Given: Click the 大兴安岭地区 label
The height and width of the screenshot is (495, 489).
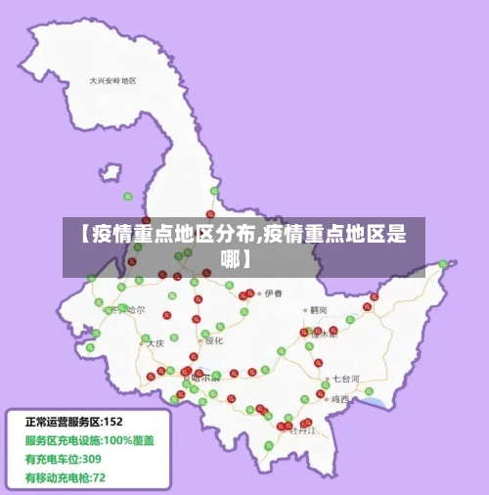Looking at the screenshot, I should point(112,80).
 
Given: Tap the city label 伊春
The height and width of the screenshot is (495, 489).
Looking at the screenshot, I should point(273,292).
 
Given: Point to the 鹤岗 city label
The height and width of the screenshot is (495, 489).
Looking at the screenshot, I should point(319,309).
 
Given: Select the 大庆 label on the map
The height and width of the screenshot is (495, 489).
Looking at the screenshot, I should point(155,343).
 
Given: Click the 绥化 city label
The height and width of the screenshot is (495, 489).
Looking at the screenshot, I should point(213,340).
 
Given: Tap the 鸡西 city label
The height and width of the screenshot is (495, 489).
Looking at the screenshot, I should point(340,399).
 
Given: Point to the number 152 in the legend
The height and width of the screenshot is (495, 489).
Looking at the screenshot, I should point(113,422).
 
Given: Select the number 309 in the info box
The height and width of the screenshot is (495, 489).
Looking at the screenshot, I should point(91,459).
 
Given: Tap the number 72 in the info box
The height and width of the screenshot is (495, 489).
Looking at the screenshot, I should point(99,477).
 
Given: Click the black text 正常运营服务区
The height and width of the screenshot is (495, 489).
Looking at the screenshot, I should point(64,422).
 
